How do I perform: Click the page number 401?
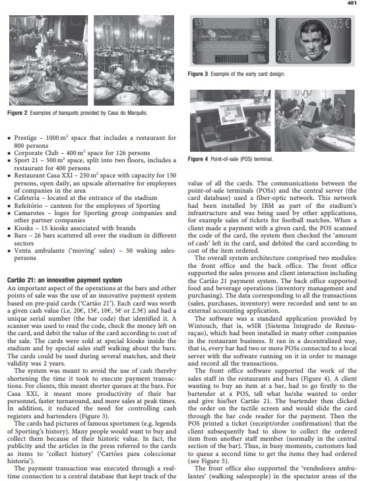coord(369,3)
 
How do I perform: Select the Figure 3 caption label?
coord(201,74)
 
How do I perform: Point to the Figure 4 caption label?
coord(201,159)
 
